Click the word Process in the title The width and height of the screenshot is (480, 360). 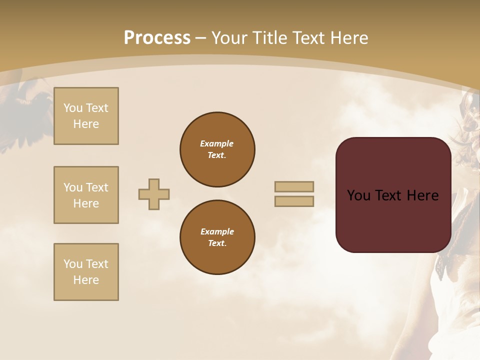click(157, 38)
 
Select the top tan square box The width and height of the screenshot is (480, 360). click(86, 116)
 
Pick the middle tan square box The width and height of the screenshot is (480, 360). click(86, 195)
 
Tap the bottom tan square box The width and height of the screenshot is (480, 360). click(86, 272)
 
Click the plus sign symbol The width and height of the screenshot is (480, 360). click(154, 194)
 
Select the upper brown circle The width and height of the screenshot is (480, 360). click(217, 149)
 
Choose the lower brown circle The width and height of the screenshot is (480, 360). click(217, 237)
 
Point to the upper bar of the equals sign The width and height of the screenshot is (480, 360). click(294, 186)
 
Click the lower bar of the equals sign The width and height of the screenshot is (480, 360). click(294, 201)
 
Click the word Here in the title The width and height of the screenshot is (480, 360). click(348, 38)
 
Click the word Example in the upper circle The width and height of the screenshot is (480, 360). click(217, 143)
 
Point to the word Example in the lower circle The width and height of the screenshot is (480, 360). click(217, 231)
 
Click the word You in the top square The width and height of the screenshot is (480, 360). click(72, 108)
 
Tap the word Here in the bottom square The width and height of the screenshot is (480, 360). click(86, 280)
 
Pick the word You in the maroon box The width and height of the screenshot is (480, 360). click(358, 195)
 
